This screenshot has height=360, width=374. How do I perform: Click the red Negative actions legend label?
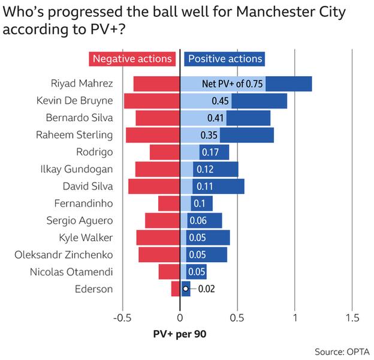(x=132, y=59)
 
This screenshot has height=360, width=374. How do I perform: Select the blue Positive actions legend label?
(x=225, y=59)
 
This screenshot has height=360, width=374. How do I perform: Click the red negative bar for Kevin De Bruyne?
(x=152, y=101)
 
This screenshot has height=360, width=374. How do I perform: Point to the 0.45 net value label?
(x=216, y=101)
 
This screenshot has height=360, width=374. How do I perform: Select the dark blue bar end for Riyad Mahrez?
(x=288, y=83)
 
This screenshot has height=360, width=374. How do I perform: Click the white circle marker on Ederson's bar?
(x=186, y=289)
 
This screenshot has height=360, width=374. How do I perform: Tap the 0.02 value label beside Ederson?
(x=207, y=289)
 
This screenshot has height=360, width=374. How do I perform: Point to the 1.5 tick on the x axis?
(x=352, y=317)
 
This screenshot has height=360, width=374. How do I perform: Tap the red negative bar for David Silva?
(x=154, y=187)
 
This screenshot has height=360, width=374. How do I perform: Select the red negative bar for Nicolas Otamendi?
(x=169, y=272)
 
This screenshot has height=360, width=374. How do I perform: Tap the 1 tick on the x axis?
(x=295, y=317)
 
